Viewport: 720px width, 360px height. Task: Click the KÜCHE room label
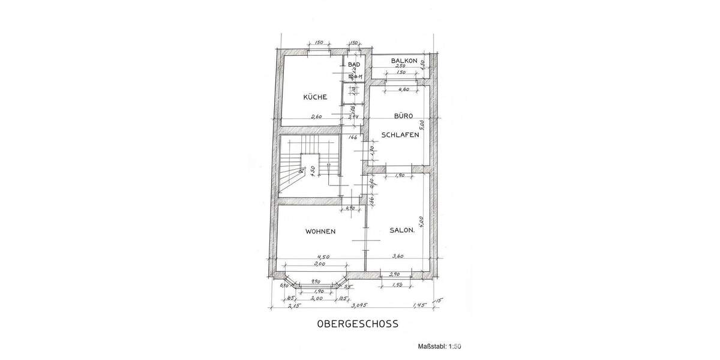315,97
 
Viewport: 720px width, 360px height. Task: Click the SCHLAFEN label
400,135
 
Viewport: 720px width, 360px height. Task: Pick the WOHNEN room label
320,231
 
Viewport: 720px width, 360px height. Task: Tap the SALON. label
402,230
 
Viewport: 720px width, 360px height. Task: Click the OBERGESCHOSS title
358,324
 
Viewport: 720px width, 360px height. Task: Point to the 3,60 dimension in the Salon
397,256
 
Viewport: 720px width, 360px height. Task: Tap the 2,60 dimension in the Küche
317,116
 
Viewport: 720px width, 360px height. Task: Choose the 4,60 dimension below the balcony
403,89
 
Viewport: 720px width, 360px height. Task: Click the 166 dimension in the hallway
353,137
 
